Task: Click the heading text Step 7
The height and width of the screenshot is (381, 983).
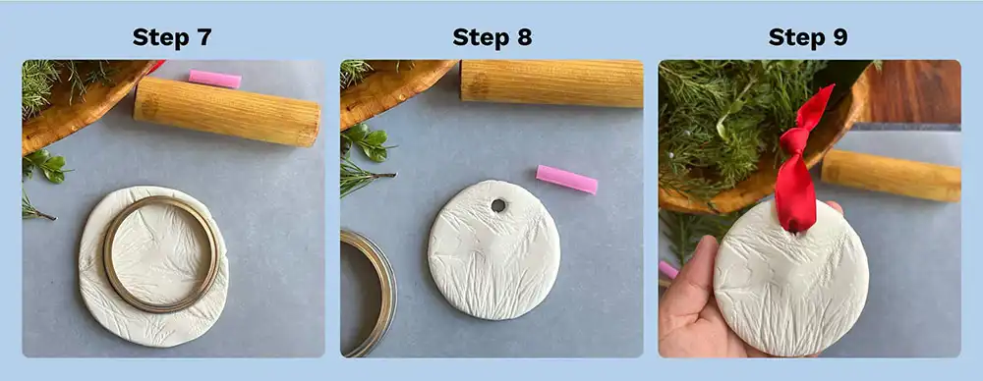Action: tap(172, 37)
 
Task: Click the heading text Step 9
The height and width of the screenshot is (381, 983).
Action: tap(808, 37)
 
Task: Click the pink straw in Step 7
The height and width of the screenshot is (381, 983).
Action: tap(214, 79)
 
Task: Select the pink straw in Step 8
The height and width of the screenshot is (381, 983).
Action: tap(566, 179)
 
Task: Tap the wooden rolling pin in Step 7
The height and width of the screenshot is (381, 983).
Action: tap(227, 113)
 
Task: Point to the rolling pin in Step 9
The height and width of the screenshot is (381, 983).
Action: tap(891, 176)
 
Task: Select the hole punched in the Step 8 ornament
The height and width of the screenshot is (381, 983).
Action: tap(498, 206)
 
